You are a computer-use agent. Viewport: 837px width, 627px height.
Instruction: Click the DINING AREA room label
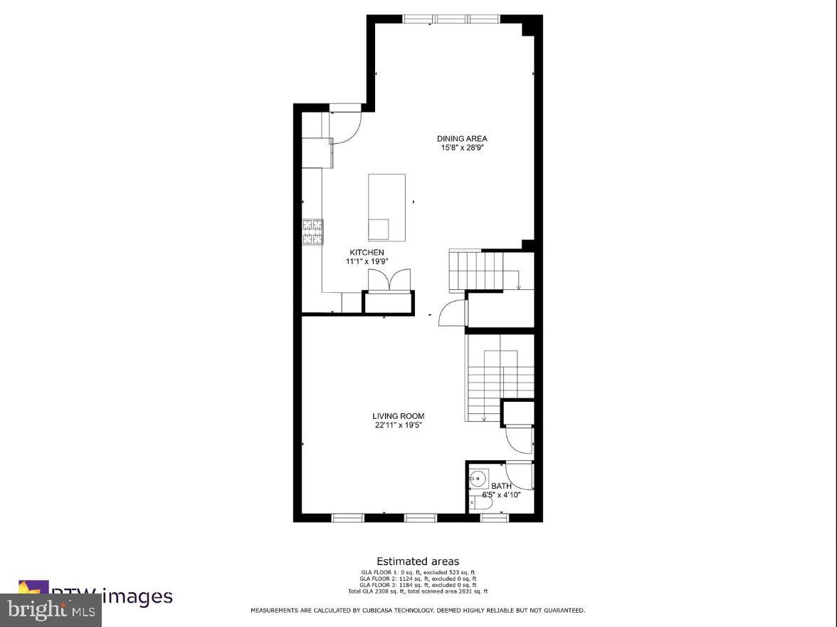462,138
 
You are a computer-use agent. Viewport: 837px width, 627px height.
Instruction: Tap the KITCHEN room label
367,252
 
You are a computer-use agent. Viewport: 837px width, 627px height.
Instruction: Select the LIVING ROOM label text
398,416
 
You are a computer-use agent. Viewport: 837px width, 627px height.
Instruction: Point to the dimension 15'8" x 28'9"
462,148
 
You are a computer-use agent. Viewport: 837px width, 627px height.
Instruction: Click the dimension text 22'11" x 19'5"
399,425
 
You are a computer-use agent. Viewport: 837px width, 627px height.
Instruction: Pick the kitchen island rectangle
386,207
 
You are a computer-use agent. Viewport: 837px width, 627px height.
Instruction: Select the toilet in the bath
481,504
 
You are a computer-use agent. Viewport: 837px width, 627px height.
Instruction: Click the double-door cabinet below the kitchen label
389,279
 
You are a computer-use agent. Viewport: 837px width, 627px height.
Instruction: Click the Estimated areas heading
418,561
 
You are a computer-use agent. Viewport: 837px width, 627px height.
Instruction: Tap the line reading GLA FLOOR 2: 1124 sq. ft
418,579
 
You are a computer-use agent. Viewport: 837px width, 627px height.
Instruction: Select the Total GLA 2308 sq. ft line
418,591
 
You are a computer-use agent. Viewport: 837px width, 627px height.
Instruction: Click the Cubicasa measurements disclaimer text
418,611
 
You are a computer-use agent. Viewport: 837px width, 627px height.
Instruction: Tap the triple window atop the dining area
451,19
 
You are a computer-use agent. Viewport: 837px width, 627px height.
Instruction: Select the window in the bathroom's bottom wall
495,518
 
